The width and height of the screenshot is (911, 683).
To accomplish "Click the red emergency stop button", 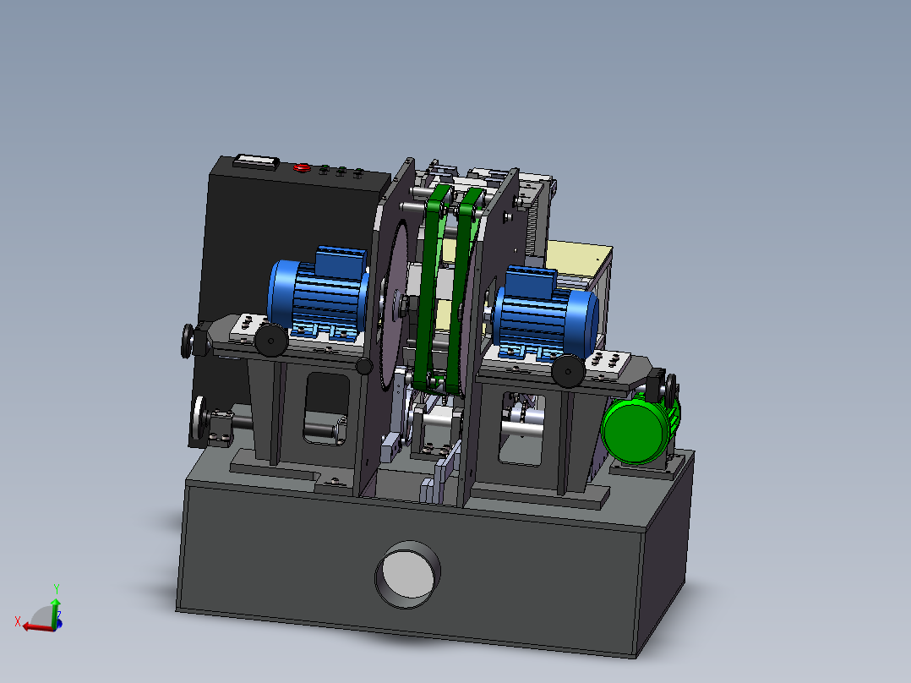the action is pos(302,168).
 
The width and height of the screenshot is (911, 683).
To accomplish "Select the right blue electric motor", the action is pos(546,314).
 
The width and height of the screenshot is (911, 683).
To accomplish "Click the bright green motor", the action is pos(639,426).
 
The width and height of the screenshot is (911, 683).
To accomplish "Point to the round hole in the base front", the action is pos(407,574).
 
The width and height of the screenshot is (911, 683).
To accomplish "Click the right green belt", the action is pos(463,291).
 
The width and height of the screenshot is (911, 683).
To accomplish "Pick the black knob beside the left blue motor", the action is pos(270,340).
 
